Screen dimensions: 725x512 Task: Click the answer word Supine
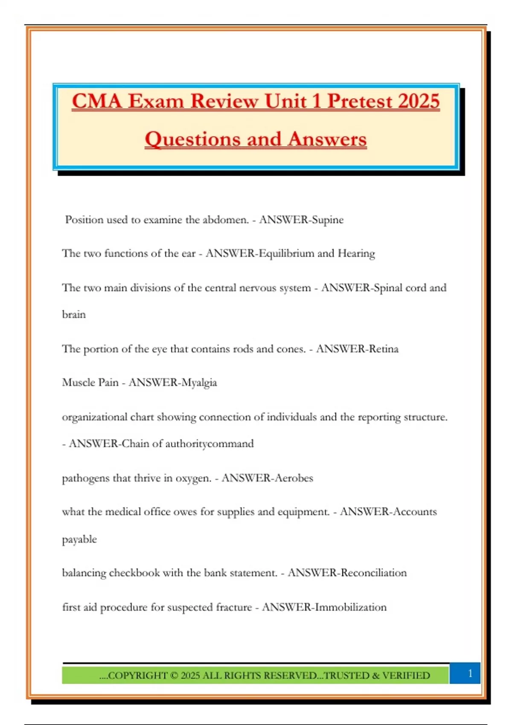click(328, 220)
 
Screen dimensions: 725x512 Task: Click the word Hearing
click(356, 253)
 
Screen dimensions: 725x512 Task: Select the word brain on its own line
click(74, 315)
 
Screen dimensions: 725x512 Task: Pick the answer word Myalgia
click(199, 383)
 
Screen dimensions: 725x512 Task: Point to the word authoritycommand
click(209, 444)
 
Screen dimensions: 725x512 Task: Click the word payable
click(79, 539)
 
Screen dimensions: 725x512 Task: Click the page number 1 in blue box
click(470, 673)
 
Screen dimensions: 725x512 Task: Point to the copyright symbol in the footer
click(174, 676)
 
